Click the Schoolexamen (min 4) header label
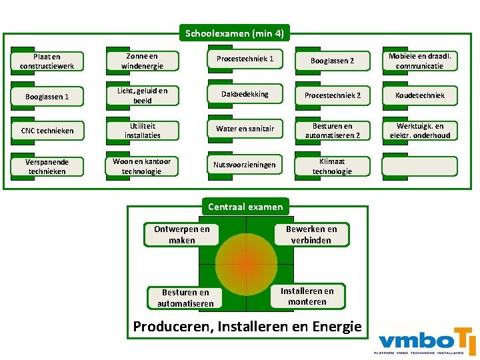click(x=234, y=33)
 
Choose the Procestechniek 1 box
click(x=245, y=59)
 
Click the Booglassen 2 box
click(x=332, y=61)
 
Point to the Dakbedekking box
click(x=245, y=95)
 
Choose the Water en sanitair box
click(x=245, y=129)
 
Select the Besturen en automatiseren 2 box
click(x=332, y=131)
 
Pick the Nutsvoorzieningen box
click(x=245, y=165)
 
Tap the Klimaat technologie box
click(x=332, y=166)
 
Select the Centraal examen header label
click(x=245, y=207)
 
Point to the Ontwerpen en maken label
click(x=181, y=234)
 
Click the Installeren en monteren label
click(x=307, y=296)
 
